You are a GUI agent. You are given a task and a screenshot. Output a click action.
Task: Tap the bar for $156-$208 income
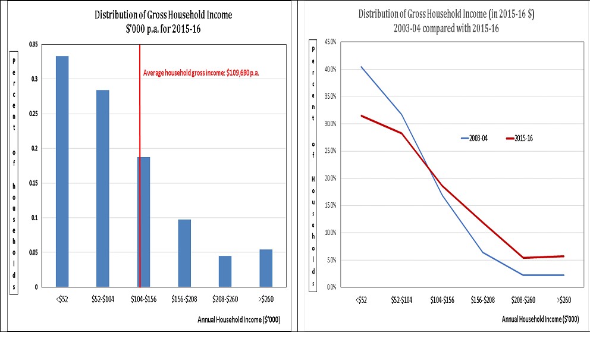184,253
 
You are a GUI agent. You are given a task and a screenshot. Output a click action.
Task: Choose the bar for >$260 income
266,268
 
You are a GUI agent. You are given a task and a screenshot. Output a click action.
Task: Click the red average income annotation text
202,73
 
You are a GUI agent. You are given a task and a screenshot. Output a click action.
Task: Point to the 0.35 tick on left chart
33,44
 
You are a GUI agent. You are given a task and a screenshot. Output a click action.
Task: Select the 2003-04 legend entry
474,138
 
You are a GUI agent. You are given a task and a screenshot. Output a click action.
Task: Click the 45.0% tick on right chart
330,42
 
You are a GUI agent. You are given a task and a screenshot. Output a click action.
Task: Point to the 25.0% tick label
330,151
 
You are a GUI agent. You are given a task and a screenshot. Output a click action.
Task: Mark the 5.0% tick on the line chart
331,260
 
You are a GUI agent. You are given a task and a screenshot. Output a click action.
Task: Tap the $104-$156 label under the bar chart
143,300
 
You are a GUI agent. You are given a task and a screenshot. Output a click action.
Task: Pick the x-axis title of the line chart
539,320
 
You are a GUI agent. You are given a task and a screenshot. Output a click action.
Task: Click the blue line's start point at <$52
361,67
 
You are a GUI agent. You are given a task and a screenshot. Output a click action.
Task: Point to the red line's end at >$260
563,256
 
